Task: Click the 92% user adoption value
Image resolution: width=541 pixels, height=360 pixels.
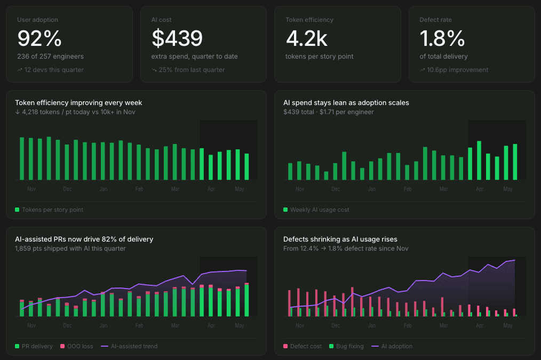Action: [39, 38]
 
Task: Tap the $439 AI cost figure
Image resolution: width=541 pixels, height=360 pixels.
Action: [177, 38]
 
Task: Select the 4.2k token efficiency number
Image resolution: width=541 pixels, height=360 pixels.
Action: [306, 38]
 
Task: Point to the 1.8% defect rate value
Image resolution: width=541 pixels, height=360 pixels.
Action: [442, 38]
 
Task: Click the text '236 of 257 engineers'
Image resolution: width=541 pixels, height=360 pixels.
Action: [50, 56]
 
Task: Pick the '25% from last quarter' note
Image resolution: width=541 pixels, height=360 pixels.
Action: [192, 70]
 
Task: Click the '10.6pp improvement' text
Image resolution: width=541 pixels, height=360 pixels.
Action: [458, 70]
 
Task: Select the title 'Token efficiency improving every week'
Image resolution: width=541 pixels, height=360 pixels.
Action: [78, 103]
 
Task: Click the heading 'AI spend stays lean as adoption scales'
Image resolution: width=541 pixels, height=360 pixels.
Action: [346, 103]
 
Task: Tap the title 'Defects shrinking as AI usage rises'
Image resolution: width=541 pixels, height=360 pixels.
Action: [340, 239]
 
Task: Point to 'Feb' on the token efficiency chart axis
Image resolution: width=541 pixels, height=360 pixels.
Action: [139, 189]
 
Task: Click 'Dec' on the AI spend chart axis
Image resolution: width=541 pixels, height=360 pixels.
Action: [336, 189]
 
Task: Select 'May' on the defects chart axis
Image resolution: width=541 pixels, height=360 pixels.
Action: [508, 325]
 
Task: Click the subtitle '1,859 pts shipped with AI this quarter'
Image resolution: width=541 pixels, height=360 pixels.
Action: [70, 249]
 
